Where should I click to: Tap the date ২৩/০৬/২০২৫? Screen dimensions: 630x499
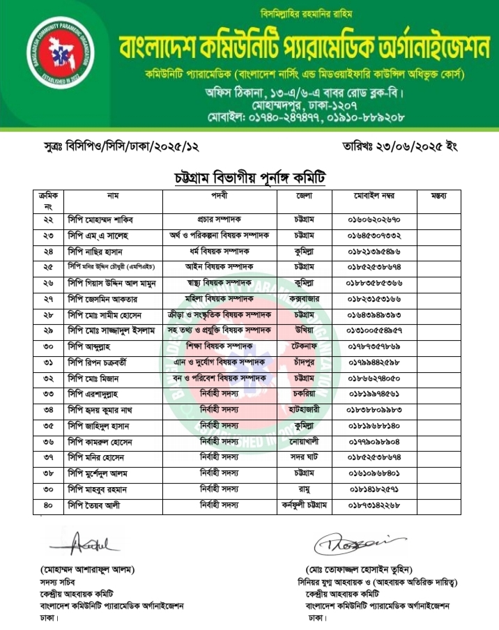click(402, 148)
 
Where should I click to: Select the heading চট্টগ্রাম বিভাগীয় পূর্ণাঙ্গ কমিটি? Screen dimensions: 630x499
click(249, 177)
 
